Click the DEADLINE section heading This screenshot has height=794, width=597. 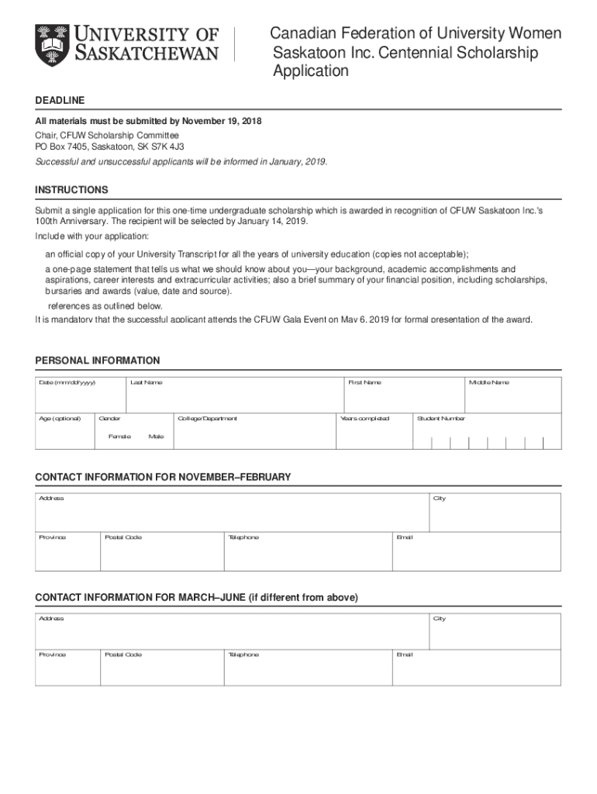point(60,101)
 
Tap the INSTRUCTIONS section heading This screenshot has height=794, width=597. point(71,190)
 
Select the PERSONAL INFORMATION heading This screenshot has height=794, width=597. point(98,361)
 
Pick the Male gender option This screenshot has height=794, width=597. point(156,437)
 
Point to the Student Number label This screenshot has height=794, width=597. point(440,419)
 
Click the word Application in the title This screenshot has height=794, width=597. point(310,71)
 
